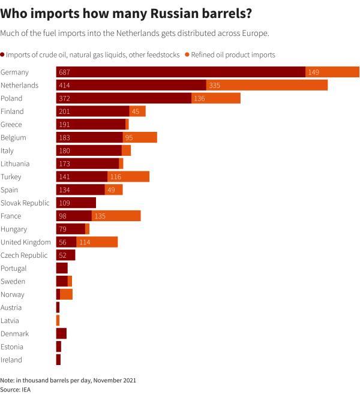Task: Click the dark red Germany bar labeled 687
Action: (181, 72)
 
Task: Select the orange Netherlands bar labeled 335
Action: (266, 85)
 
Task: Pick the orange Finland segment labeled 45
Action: (137, 111)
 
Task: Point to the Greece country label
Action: (11, 125)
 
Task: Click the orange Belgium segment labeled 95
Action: (140, 137)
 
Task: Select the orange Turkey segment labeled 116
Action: (128, 177)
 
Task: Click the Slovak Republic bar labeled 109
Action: (76, 203)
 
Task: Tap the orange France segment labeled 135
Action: (116, 216)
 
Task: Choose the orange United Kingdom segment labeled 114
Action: (97, 242)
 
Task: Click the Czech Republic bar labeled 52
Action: (65, 255)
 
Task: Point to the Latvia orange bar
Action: (58, 321)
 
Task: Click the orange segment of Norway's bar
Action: (66, 294)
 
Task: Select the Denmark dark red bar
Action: (61, 334)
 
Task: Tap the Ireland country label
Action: (11, 360)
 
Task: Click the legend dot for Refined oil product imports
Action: (187, 55)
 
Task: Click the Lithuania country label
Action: (15, 164)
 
